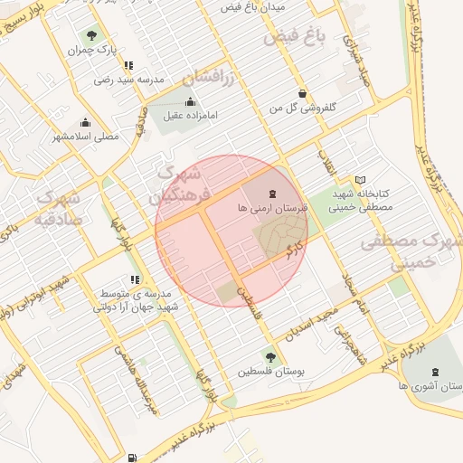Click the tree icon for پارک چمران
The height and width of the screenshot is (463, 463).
(x=91, y=35)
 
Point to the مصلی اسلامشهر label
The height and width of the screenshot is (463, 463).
(x=86, y=137)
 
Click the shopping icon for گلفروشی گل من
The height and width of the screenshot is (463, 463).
(x=301, y=93)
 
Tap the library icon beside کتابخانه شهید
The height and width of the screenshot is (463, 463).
(x=361, y=180)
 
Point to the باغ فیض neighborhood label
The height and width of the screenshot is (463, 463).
(x=293, y=38)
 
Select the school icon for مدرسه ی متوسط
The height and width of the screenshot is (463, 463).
(x=135, y=280)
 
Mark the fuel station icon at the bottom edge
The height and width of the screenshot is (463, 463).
(x=133, y=458)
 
